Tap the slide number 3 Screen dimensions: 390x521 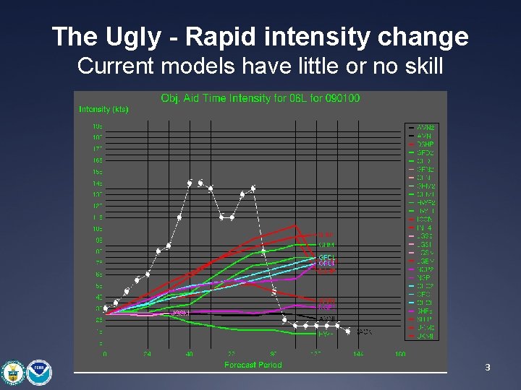[488, 368]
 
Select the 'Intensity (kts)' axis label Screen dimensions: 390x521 [103, 110]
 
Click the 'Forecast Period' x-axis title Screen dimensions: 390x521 [253, 365]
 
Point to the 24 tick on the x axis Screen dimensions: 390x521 [147, 355]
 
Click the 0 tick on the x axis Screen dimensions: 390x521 [105, 355]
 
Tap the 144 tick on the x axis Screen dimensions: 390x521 [357, 355]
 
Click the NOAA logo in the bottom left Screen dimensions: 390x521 [40, 371]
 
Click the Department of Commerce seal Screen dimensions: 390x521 [13, 371]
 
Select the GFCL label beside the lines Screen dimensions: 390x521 [327, 257]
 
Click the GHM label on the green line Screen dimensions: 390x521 [326, 245]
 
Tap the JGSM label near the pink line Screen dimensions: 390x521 [180, 313]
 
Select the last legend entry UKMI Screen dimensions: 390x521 [425, 337]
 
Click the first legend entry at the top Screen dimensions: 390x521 [425, 127]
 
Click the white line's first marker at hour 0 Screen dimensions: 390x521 [106, 308]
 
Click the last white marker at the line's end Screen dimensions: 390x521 [348, 331]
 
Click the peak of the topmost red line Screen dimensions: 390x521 [295, 225]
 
